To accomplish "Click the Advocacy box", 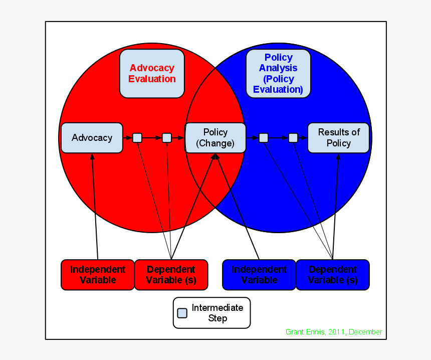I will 92,138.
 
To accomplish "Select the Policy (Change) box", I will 215,138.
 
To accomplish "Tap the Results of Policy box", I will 339,138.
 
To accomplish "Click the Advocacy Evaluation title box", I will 152,74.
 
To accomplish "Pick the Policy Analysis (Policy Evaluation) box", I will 278,74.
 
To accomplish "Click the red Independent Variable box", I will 98,275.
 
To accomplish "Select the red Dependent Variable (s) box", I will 171,275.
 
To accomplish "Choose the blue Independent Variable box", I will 259,275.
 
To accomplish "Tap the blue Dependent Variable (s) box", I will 333,275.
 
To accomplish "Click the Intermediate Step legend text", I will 218,313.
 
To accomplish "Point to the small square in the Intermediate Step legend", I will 182,313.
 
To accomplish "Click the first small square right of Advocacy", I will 137,138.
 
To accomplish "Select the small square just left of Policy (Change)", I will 167,138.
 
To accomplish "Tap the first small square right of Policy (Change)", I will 264,138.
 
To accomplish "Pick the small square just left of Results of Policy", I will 293,138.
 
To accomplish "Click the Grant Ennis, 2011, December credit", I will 334,332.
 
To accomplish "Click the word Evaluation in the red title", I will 152,79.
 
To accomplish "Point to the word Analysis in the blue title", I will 278,68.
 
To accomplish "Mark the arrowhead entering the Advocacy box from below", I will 92,156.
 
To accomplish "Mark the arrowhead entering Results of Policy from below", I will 338,156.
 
